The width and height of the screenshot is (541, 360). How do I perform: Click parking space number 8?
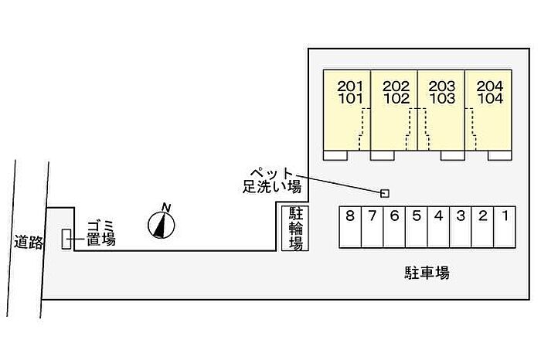tap(350, 227)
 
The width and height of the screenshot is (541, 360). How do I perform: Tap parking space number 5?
tap(417, 227)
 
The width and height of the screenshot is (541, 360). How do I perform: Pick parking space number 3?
tap(461, 227)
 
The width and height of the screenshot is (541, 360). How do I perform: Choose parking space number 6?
tap(394, 227)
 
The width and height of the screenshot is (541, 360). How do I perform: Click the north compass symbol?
tap(162, 222)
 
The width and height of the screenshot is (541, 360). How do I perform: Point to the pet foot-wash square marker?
tap(385, 193)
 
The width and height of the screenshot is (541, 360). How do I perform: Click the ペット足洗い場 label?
tap(272, 180)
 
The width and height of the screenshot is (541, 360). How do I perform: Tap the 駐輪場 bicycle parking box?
tap(295, 228)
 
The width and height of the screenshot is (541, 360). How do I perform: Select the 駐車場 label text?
tap(427, 273)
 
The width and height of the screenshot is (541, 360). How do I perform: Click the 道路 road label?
tap(29, 242)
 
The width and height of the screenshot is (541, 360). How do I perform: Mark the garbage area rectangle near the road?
tap(66, 239)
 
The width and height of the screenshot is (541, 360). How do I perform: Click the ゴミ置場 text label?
tap(100, 233)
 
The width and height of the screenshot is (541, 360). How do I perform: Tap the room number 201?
tap(350, 86)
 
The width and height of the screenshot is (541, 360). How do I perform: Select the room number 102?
tap(396, 99)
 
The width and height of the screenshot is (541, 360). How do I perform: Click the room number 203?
tap(442, 86)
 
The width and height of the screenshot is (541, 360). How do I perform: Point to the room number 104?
tap(490, 99)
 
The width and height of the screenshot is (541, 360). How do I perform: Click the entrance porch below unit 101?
tap(335, 155)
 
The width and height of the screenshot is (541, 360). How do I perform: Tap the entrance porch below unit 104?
tap(499, 155)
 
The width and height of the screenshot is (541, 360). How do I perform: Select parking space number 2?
tap(483, 227)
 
